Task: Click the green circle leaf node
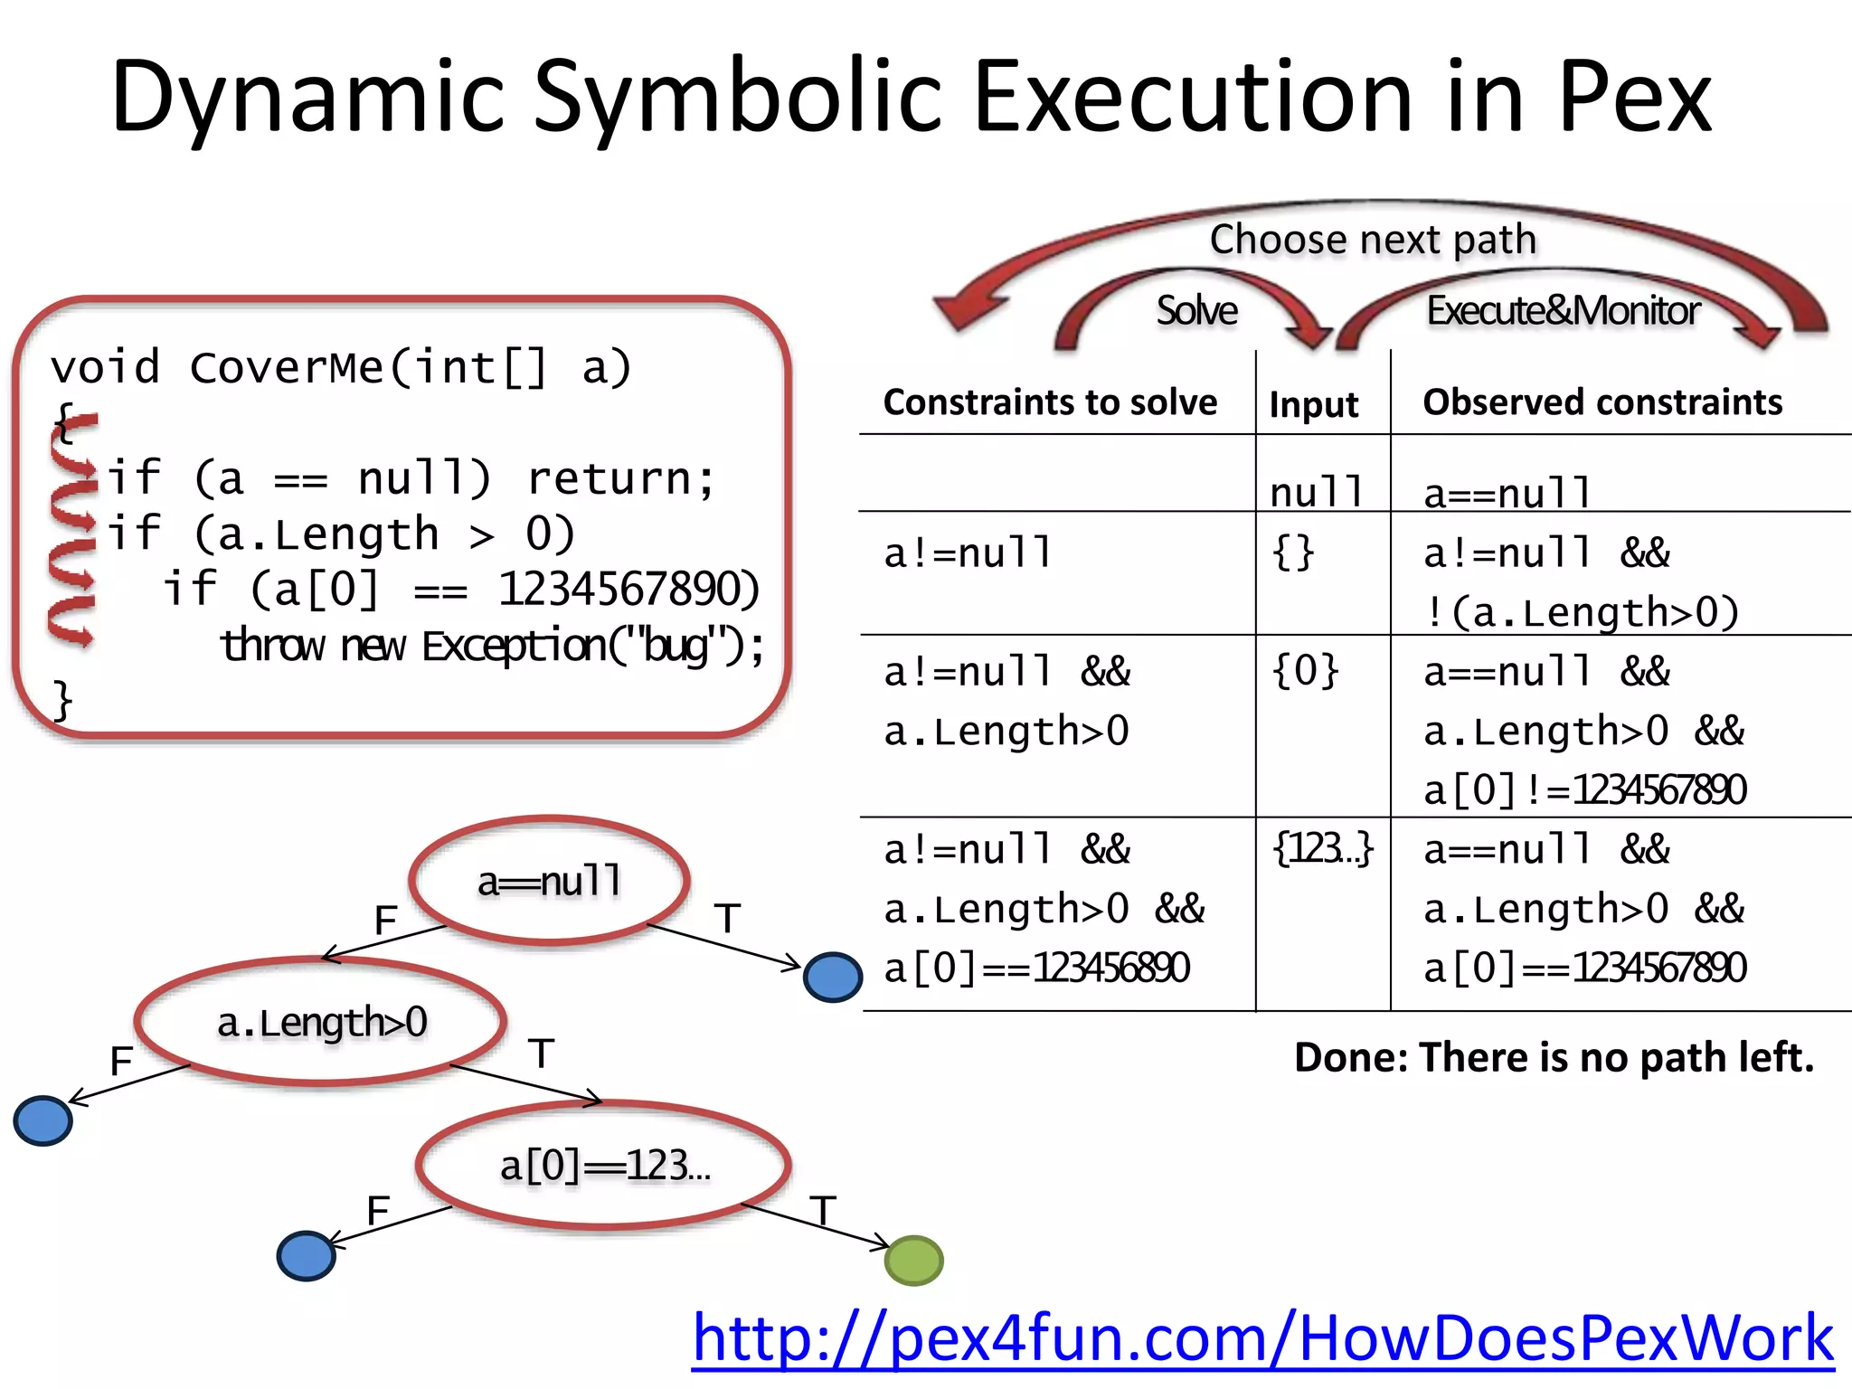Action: click(x=913, y=1260)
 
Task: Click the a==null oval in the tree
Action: click(x=550, y=881)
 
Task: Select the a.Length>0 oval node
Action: click(x=321, y=1022)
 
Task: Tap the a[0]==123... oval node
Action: click(x=604, y=1166)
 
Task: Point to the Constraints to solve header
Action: click(x=1050, y=402)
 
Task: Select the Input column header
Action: click(x=1313, y=404)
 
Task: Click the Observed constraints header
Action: click(x=1602, y=402)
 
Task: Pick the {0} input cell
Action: click(x=1305, y=671)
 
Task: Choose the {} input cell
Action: click(x=1293, y=552)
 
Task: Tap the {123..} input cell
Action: click(x=1322, y=849)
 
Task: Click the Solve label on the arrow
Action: click(x=1196, y=310)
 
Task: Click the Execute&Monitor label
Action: click(x=1563, y=310)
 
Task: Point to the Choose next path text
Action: click(x=1373, y=240)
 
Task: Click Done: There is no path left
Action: click(x=1554, y=1057)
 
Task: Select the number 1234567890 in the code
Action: click(x=629, y=590)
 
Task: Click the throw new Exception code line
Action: click(x=493, y=646)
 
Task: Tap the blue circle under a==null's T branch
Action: click(x=832, y=977)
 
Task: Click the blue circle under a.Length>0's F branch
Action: click(x=43, y=1120)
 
